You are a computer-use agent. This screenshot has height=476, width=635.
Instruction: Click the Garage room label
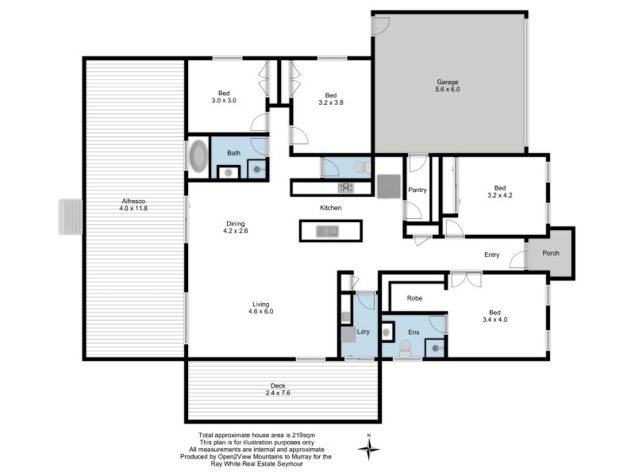pyautogui.click(x=448, y=82)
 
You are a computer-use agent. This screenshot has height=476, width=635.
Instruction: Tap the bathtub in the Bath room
pyautogui.click(x=198, y=156)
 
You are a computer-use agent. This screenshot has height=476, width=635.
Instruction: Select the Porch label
pyautogui.click(x=550, y=254)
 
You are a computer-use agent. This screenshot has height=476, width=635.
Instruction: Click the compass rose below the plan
pyautogui.click(x=369, y=448)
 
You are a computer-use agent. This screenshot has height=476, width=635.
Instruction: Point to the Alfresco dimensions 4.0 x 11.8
pyautogui.click(x=133, y=209)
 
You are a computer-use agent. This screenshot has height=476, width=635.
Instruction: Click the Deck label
pyautogui.click(x=277, y=386)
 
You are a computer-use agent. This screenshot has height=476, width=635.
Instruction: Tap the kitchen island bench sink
pyautogui.click(x=326, y=231)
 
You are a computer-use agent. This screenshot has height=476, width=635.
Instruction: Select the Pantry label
pyautogui.click(x=417, y=190)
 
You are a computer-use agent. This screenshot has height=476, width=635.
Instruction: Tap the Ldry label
pyautogui.click(x=364, y=332)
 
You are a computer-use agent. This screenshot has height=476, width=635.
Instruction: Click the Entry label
pyautogui.click(x=492, y=255)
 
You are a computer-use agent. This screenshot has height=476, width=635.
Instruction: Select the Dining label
pyautogui.click(x=235, y=224)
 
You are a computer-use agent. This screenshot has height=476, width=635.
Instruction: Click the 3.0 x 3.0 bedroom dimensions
pyautogui.click(x=224, y=101)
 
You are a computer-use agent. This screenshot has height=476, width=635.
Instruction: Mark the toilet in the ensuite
pyautogui.click(x=405, y=347)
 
